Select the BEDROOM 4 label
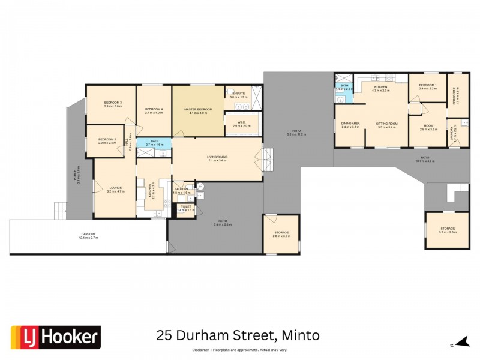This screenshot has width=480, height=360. [154, 110]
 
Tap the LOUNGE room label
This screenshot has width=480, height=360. [115, 189]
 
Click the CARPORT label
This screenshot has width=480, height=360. [88, 235]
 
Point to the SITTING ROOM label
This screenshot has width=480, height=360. [388, 123]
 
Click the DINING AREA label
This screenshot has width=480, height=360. [350, 123]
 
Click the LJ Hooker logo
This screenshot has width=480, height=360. [56, 337]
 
